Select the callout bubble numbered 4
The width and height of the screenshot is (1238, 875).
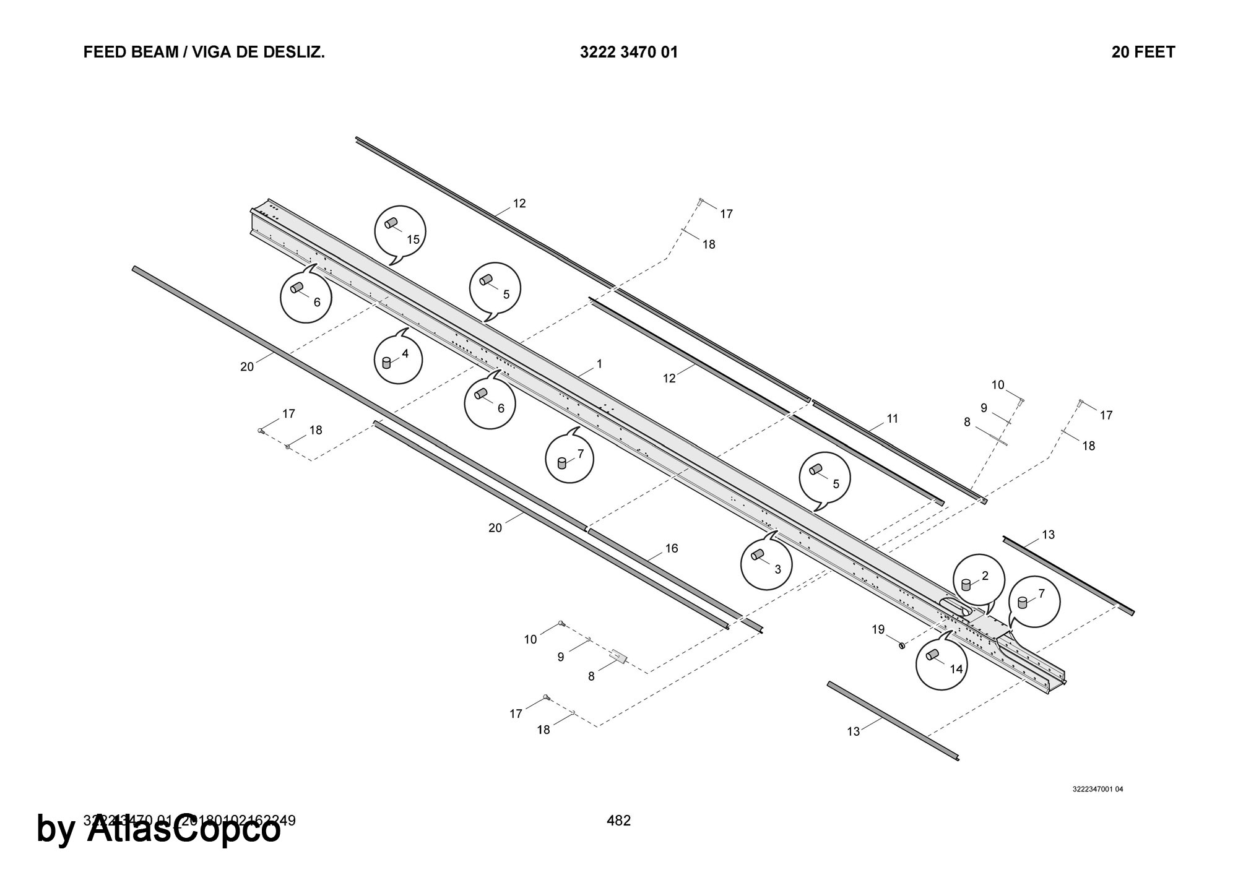click(x=398, y=360)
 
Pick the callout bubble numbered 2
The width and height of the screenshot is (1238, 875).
click(x=977, y=580)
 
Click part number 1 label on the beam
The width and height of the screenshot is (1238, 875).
click(x=599, y=364)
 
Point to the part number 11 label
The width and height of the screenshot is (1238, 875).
click(x=892, y=419)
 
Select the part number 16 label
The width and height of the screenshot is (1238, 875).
click(x=672, y=548)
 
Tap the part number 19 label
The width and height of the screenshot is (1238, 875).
click(x=878, y=630)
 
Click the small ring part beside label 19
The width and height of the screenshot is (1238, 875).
click(x=902, y=646)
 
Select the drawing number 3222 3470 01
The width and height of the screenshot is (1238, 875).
click(x=629, y=53)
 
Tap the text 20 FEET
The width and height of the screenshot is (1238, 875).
click(x=1143, y=53)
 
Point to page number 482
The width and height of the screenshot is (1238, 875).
click(x=619, y=821)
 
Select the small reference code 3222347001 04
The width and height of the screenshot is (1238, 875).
click(x=1098, y=790)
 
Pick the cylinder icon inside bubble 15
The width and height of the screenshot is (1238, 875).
click(x=391, y=223)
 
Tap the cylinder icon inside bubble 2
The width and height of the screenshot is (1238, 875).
click(x=966, y=585)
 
